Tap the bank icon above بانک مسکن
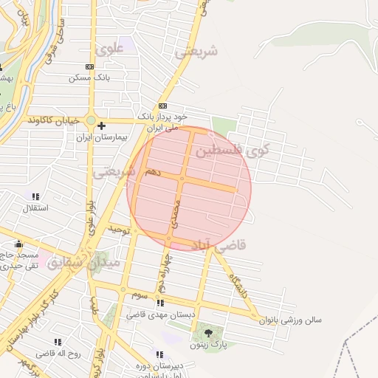click(x=90, y=66)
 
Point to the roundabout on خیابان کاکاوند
click(x=91, y=120)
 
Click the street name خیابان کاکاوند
click(x=52, y=120)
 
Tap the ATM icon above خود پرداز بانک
click(x=162, y=106)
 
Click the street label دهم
click(x=152, y=171)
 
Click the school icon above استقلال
click(x=35, y=196)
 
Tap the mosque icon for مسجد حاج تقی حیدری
click(x=19, y=244)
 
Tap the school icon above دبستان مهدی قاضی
click(x=160, y=303)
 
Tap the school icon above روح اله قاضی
click(x=58, y=342)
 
